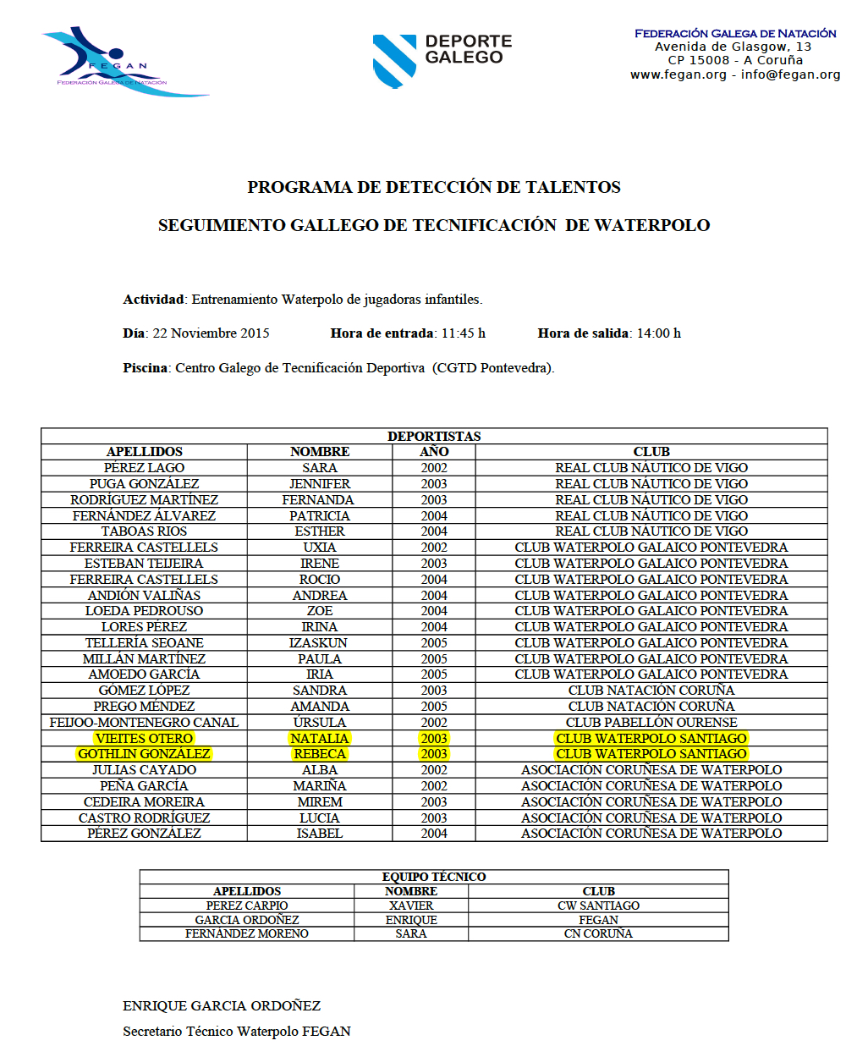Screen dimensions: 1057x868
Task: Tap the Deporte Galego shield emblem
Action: tap(394, 60)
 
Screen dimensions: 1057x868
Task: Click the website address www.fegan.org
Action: tap(678, 74)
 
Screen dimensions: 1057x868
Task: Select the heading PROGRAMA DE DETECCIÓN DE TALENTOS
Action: tap(434, 187)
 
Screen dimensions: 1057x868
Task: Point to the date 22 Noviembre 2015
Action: tap(211, 333)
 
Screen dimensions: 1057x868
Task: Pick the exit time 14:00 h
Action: tap(658, 333)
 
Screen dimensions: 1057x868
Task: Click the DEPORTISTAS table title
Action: tap(434, 436)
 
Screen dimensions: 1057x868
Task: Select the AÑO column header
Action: tap(434, 452)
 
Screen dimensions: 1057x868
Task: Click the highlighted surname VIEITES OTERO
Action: tap(144, 738)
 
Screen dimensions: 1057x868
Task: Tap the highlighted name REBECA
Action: tap(320, 754)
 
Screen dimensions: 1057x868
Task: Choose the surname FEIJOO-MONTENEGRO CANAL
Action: tap(144, 723)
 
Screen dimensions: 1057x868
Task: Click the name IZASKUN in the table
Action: tap(320, 643)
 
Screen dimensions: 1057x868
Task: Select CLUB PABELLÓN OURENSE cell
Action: tap(651, 723)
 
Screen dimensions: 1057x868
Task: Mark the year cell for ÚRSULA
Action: tap(434, 723)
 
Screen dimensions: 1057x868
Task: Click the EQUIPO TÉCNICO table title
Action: tap(434, 877)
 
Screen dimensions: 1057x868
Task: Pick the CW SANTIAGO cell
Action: tap(598, 906)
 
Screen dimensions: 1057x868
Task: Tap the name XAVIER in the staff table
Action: tap(411, 906)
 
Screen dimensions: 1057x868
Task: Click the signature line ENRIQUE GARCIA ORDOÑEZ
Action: tap(222, 1006)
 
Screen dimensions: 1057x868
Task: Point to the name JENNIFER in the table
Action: tap(320, 484)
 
